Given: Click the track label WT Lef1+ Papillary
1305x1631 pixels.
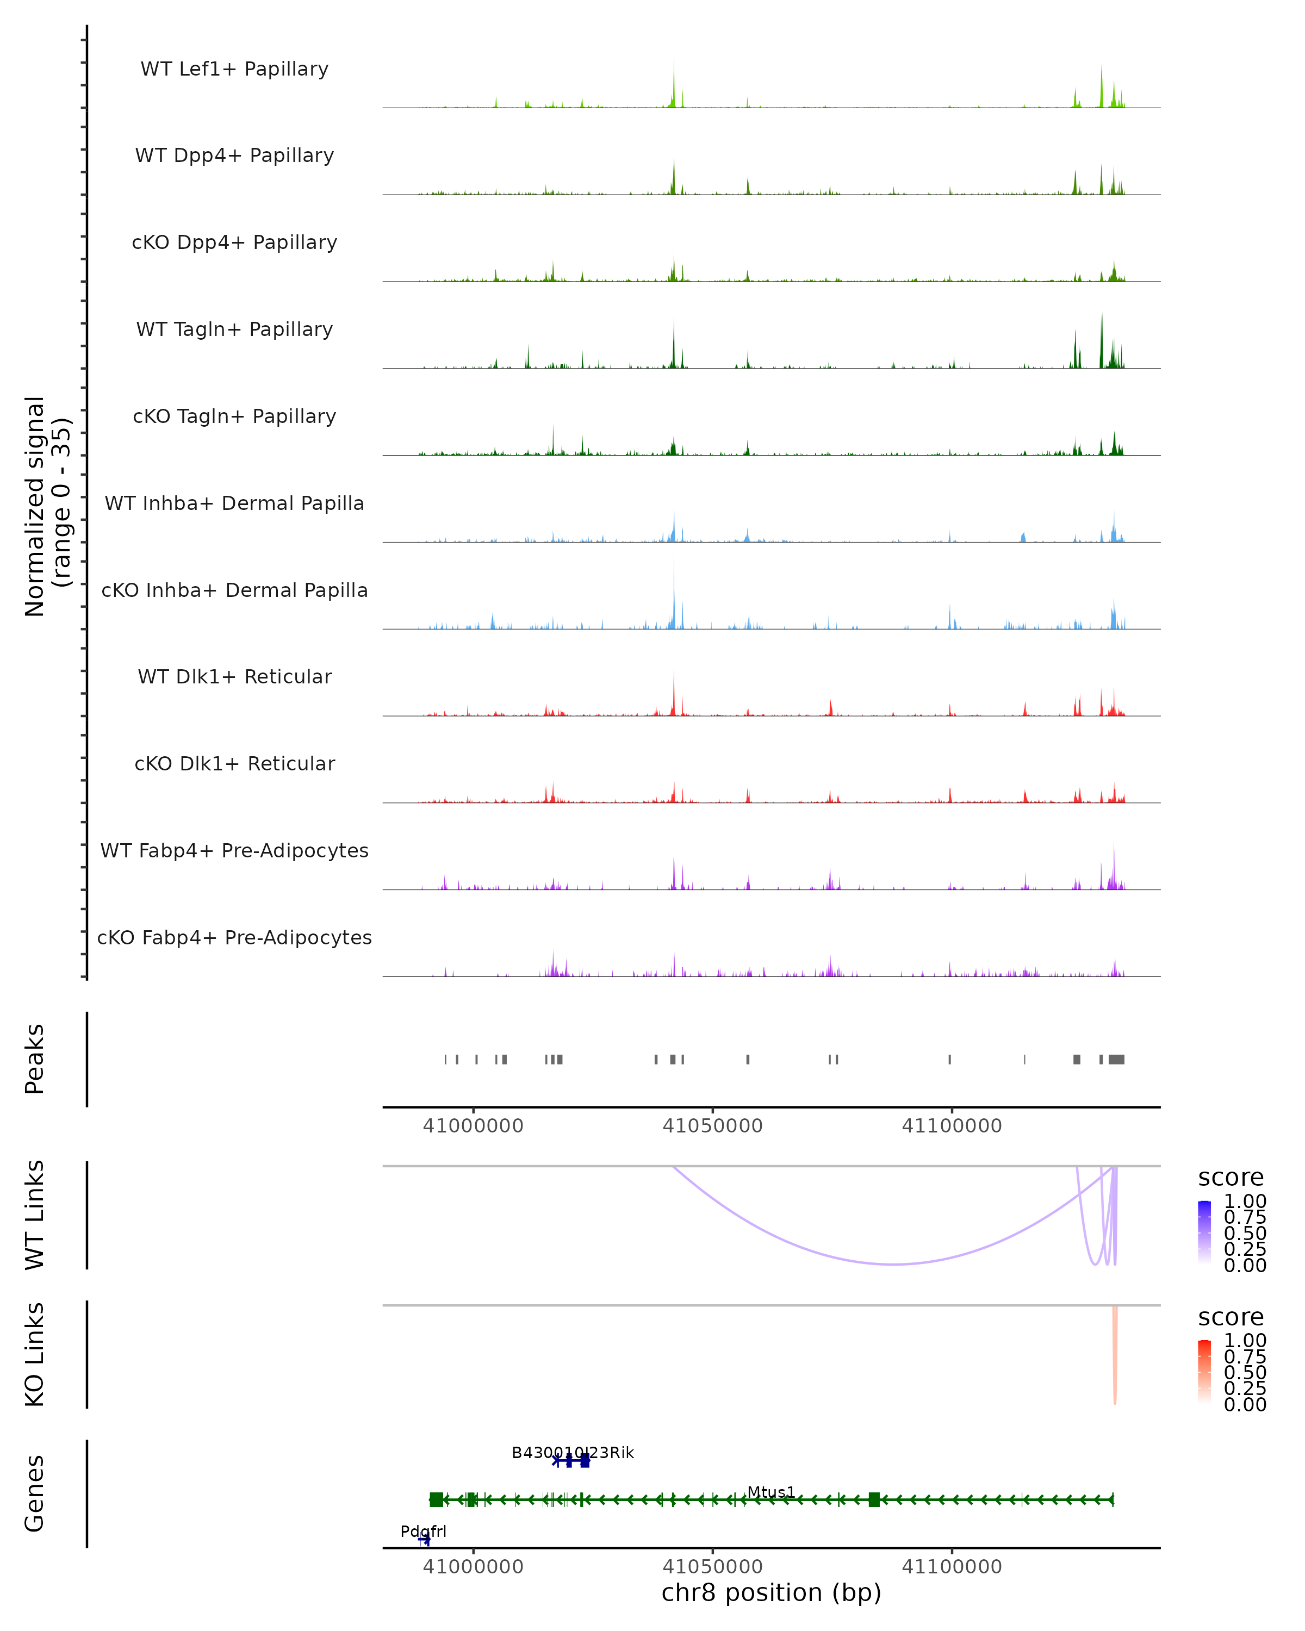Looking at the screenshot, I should (x=234, y=69).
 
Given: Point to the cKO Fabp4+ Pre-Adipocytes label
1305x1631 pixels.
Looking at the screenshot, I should (x=234, y=937).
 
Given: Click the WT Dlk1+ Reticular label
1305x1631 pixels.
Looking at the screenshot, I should (x=234, y=676).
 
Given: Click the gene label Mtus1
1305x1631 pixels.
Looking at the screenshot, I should (x=771, y=1492).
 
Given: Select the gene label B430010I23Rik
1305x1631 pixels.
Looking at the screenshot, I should (x=573, y=1453).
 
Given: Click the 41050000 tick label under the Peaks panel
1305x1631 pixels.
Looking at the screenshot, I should (x=712, y=1126).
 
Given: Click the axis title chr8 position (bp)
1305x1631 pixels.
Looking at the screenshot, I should (x=771, y=1592).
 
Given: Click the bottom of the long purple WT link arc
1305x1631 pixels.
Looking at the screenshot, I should (x=894, y=1263).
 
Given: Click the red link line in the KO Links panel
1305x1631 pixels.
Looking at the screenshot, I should (x=1114, y=1362).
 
